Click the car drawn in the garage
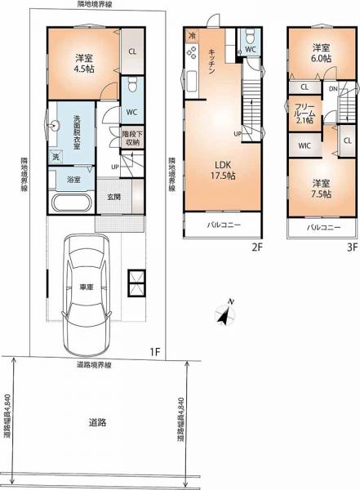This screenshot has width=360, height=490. (87, 295)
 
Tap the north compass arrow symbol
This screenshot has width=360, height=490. (226, 313)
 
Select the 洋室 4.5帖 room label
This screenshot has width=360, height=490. (84, 64)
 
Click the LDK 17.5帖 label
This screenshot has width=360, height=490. (223, 171)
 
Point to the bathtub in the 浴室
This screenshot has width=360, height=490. (72, 203)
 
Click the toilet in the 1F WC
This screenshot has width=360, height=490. (132, 84)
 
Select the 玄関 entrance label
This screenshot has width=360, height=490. (114, 197)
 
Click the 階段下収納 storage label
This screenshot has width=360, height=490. (132, 139)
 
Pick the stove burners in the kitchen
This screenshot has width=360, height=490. (192, 52)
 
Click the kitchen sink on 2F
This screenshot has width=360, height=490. (192, 81)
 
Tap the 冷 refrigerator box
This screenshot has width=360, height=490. (193, 36)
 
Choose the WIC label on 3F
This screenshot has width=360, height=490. (304, 145)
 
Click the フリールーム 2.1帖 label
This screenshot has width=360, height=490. (304, 114)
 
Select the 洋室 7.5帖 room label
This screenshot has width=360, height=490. (321, 189)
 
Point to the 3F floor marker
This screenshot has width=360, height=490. (352, 247)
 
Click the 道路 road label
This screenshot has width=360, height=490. (97, 423)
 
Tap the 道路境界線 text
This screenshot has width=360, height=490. (94, 365)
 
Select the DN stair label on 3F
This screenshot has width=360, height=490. (333, 89)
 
